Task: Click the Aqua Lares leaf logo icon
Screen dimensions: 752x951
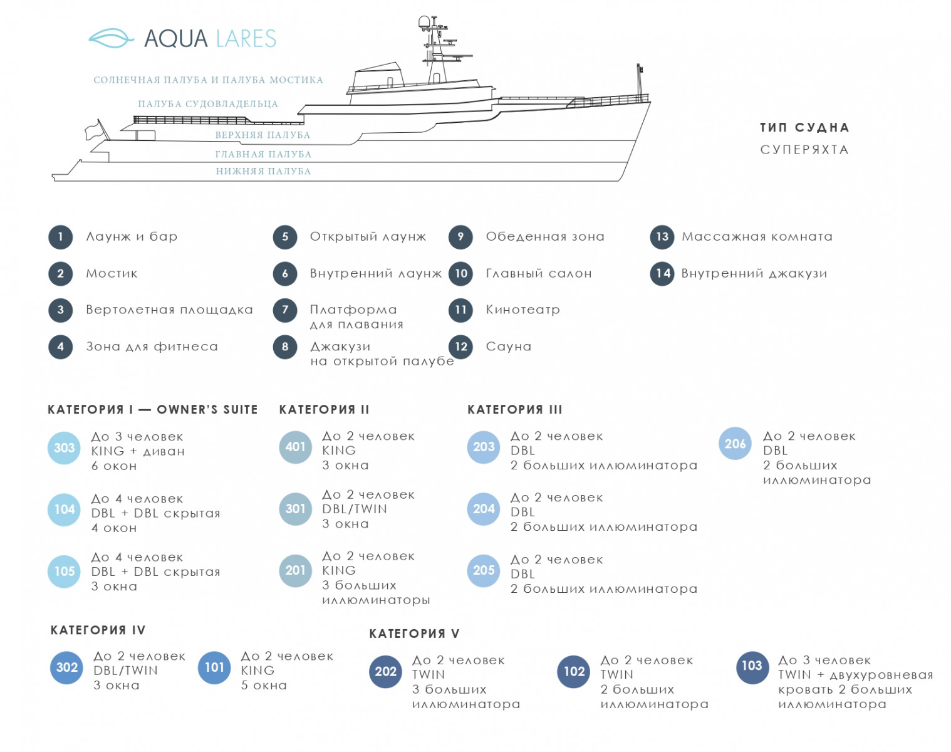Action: pyautogui.click(x=111, y=38)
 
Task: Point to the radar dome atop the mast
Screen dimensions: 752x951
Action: pyautogui.click(x=425, y=23)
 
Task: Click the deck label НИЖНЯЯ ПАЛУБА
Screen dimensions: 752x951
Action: pyautogui.click(x=263, y=171)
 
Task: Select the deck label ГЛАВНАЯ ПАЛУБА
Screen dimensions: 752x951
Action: pyautogui.click(x=263, y=154)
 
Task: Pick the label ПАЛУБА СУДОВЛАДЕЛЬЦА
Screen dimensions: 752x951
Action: pyautogui.click(x=208, y=104)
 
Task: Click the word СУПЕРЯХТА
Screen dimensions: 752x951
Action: pyautogui.click(x=804, y=150)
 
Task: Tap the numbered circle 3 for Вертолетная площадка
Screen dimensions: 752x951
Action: pyautogui.click(x=61, y=310)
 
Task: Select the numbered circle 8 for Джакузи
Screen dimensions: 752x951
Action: pyautogui.click(x=285, y=347)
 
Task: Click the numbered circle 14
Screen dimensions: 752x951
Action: pyautogui.click(x=662, y=273)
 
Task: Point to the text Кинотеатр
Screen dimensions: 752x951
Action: pyautogui.click(x=522, y=310)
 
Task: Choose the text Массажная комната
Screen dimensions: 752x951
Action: pyautogui.click(x=757, y=237)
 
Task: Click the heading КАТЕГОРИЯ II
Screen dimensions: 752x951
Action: pyautogui.click(x=324, y=410)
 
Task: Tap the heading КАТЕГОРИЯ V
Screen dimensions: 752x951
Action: pyautogui.click(x=414, y=634)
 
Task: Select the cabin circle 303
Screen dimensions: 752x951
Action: pyautogui.click(x=64, y=447)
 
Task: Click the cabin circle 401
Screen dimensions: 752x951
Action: pyautogui.click(x=295, y=447)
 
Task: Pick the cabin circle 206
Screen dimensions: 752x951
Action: pyautogui.click(x=735, y=444)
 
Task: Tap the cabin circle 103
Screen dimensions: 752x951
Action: pyautogui.click(x=752, y=667)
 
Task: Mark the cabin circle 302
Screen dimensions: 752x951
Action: pyautogui.click(x=66, y=667)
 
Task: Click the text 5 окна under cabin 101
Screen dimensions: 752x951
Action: pyautogui.click(x=264, y=686)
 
